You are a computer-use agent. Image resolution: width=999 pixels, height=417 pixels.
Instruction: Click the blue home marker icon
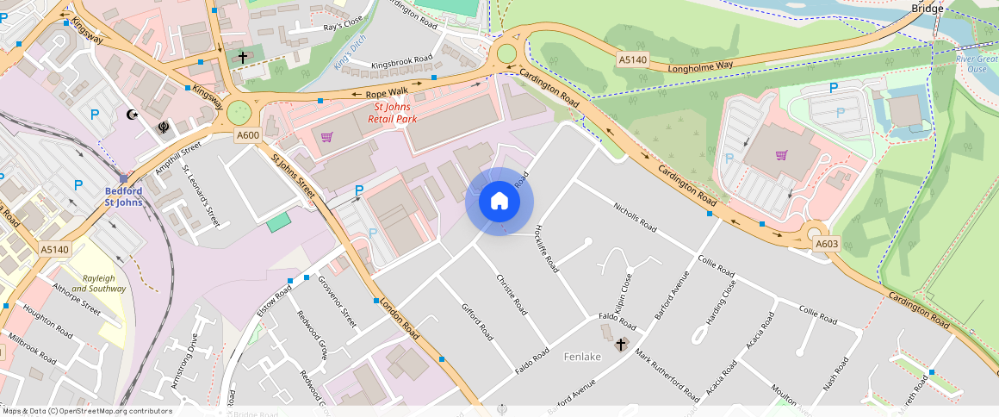click(499, 202)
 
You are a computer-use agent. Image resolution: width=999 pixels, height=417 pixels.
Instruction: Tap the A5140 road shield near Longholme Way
click(631, 59)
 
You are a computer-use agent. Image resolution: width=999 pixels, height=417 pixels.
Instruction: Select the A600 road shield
click(248, 134)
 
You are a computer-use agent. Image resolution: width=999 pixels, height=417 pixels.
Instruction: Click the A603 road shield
click(826, 244)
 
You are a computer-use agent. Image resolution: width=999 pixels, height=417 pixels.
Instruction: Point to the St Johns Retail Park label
click(394, 113)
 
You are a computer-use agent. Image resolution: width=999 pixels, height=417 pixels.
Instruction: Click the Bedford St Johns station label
click(124, 196)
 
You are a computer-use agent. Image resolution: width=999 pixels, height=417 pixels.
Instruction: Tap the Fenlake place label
click(581, 356)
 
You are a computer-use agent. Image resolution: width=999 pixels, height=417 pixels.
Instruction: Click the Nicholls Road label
click(636, 218)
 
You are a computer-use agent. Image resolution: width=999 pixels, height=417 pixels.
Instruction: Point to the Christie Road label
click(512, 295)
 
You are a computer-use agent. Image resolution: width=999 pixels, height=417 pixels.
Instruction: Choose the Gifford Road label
click(477, 321)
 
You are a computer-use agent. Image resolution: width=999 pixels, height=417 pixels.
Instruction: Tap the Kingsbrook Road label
click(401, 65)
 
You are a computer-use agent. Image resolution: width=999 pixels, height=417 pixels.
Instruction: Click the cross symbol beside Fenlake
click(620, 345)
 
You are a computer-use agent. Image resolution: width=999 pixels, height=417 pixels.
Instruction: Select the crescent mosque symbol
click(133, 114)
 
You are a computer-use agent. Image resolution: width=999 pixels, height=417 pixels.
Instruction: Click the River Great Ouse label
click(977, 64)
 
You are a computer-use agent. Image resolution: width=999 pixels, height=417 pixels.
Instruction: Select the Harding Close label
click(721, 302)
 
